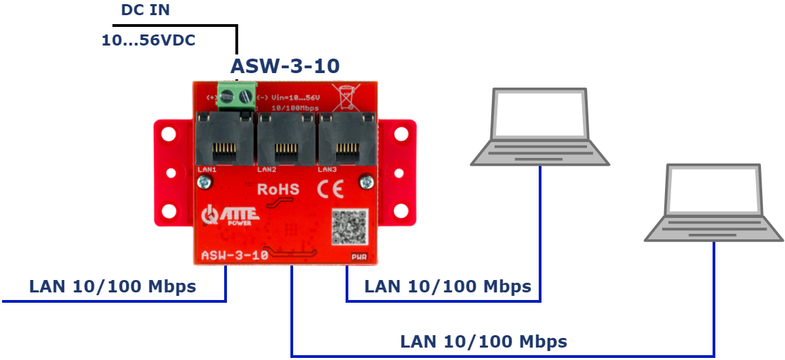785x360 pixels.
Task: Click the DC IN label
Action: coord(145,10)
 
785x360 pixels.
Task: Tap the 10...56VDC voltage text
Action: coord(148,41)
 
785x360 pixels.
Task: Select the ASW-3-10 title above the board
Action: coord(285,66)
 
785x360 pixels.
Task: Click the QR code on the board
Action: coord(348,227)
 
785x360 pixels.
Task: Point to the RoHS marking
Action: coord(278,189)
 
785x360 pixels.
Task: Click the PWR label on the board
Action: coord(359,257)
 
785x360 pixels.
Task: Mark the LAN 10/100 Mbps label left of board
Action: coord(112,286)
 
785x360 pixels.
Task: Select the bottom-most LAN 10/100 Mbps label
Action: coord(484,341)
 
